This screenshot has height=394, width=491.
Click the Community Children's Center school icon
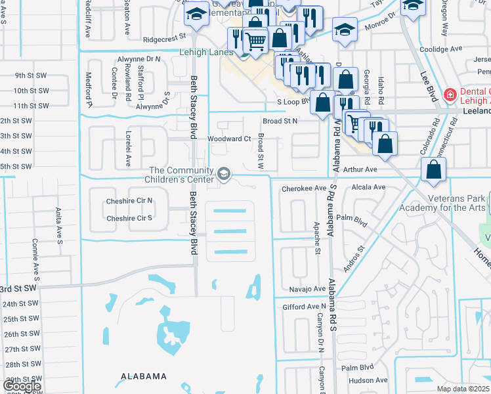pos(224,174)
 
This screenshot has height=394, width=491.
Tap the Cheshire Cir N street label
pos(129,200)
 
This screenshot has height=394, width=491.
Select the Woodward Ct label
pos(229,139)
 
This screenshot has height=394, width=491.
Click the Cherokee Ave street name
pos(304,188)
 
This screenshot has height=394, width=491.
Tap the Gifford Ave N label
pos(304,307)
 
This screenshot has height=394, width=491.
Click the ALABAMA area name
pos(142,376)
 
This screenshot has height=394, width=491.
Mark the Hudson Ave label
pos(370,380)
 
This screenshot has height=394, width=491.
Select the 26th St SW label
pos(22,334)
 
